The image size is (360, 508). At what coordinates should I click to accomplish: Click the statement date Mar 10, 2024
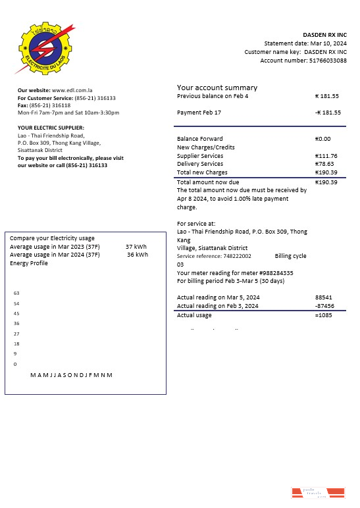click(328, 43)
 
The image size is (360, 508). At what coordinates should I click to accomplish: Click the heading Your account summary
click(217, 88)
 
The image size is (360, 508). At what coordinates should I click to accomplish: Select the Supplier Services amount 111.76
click(326, 156)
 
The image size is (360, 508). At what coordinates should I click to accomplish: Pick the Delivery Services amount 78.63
click(325, 164)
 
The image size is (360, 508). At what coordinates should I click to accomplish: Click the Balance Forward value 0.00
click(323, 139)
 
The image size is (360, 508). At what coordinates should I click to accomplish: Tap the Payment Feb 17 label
click(199, 113)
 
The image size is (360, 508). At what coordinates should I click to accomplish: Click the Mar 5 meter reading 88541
click(324, 297)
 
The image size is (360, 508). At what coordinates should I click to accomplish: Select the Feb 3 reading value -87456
click(324, 306)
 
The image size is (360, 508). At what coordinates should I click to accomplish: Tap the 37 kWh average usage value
click(136, 247)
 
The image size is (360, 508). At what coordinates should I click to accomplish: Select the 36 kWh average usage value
click(137, 255)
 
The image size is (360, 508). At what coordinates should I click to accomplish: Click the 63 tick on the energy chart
click(16, 293)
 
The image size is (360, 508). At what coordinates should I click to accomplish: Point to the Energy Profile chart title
click(29, 263)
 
